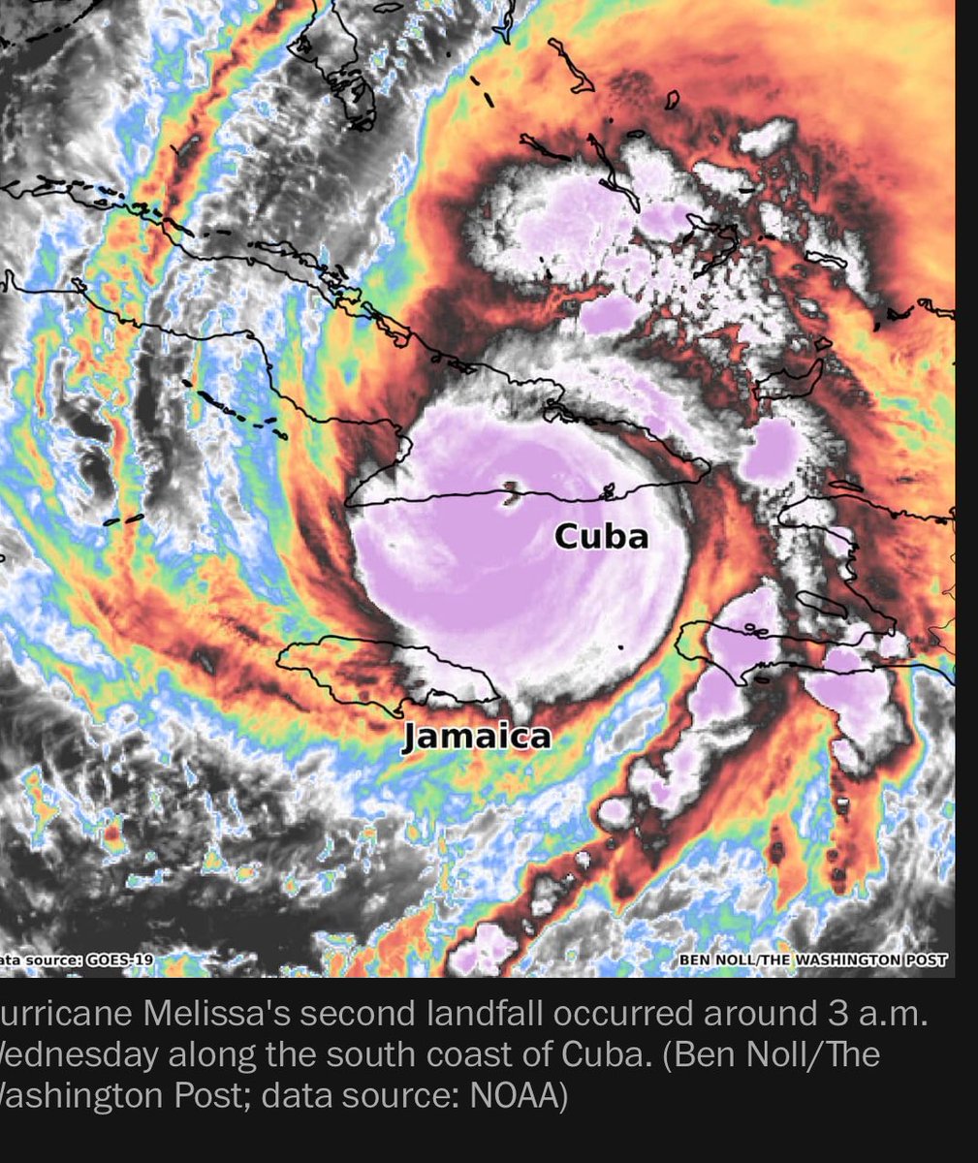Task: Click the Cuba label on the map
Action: pyautogui.click(x=601, y=535)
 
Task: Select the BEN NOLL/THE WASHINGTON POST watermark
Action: pyautogui.click(x=812, y=960)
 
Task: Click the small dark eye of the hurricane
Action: pyautogui.click(x=509, y=495)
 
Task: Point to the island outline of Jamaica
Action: pyautogui.click(x=388, y=669)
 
